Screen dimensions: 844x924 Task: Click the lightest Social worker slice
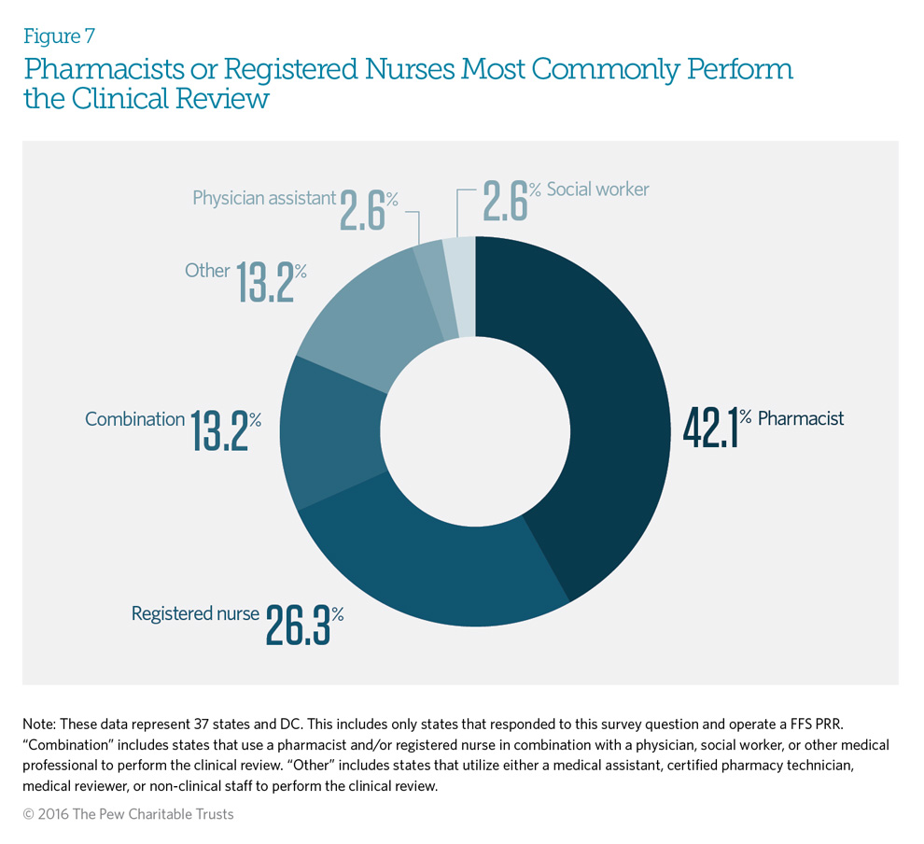(460, 286)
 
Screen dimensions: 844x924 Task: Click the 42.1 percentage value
(710, 427)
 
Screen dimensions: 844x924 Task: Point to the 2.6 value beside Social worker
(504, 199)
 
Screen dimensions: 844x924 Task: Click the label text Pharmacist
(800, 418)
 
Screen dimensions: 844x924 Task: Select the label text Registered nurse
(194, 613)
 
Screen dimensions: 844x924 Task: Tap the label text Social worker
(597, 190)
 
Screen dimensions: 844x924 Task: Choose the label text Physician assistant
(263, 198)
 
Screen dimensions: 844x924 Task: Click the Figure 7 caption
(60, 36)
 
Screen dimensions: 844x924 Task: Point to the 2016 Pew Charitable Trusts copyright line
(128, 814)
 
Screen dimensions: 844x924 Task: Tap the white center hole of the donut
(476, 429)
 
